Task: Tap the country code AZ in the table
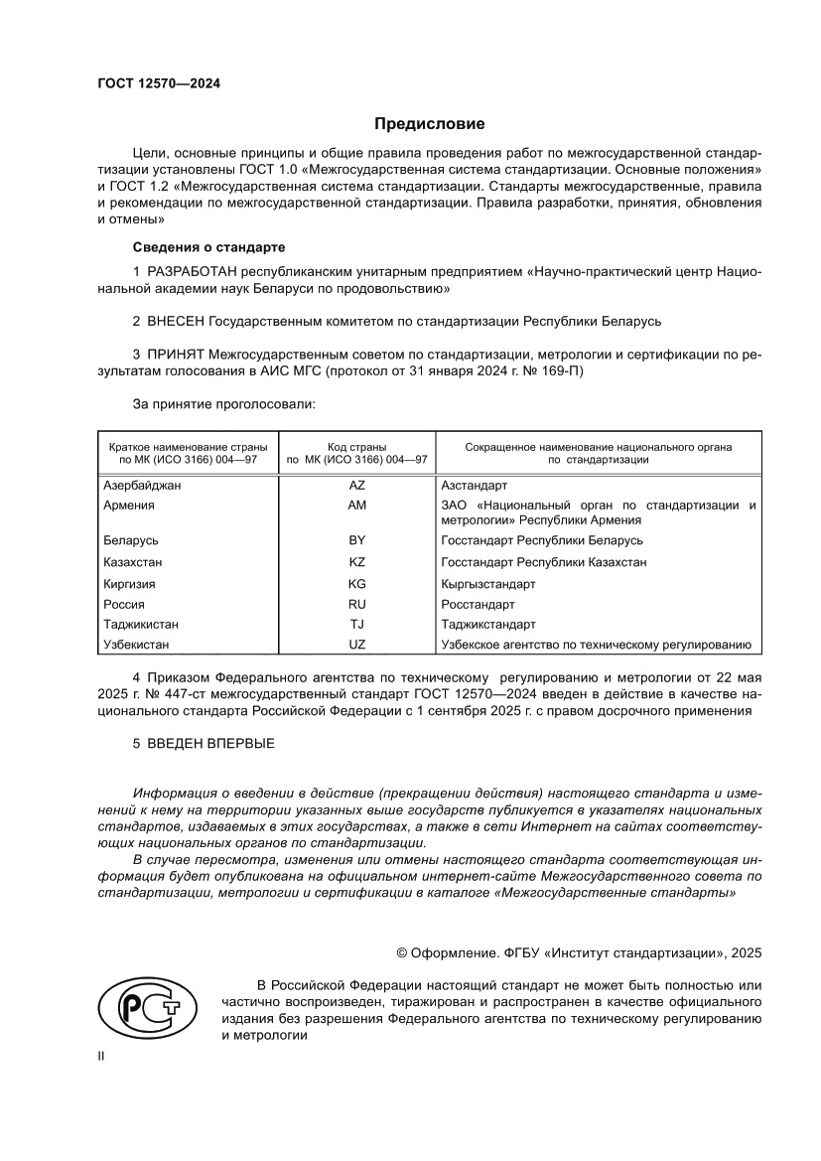[x=356, y=486]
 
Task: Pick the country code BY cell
[x=356, y=540]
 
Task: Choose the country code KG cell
[x=356, y=583]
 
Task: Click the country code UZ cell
[x=356, y=646]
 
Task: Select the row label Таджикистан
[x=142, y=625]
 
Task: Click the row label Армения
[x=129, y=506]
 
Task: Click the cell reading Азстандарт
[x=474, y=486]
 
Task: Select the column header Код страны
[x=356, y=447]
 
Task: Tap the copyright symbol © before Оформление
[x=402, y=952]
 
